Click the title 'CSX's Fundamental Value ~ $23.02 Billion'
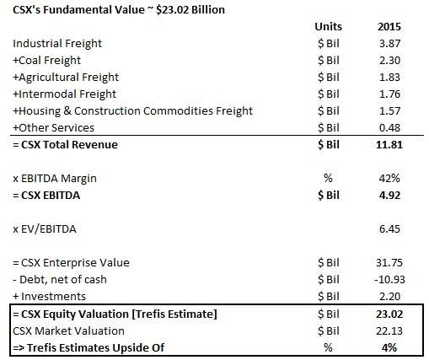119,10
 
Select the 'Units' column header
328,27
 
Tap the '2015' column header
389,27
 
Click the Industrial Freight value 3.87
389,44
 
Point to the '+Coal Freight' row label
47,61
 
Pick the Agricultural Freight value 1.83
389,78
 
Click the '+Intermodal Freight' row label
65,94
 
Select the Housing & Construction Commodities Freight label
133,111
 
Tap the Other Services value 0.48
389,128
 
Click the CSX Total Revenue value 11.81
389,145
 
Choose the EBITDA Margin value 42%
389,179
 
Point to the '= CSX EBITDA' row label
46,196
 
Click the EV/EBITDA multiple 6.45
389,229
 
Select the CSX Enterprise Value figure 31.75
389,263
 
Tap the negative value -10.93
389,280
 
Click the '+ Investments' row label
50,297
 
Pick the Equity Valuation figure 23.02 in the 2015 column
389,314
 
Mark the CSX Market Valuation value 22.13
389,331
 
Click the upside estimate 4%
389,348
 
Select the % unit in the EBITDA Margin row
328,179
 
